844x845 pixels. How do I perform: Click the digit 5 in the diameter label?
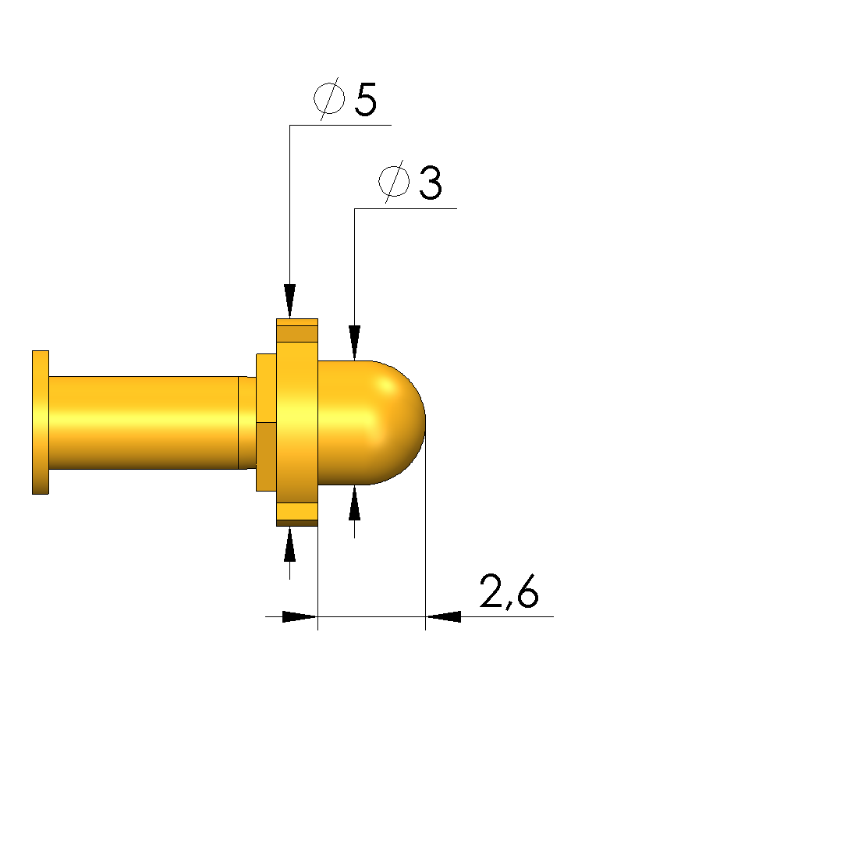tap(366, 99)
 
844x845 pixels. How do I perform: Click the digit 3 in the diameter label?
tap(431, 183)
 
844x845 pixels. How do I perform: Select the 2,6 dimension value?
tap(509, 591)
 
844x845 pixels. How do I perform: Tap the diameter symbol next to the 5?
tap(329, 98)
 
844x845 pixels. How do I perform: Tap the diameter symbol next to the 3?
tap(394, 182)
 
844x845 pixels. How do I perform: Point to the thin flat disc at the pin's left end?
tap(41, 422)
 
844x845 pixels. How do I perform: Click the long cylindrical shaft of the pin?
tap(144, 423)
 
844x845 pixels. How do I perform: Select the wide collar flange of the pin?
tap(296, 422)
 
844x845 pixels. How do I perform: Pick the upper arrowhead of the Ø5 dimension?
tap(289, 300)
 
